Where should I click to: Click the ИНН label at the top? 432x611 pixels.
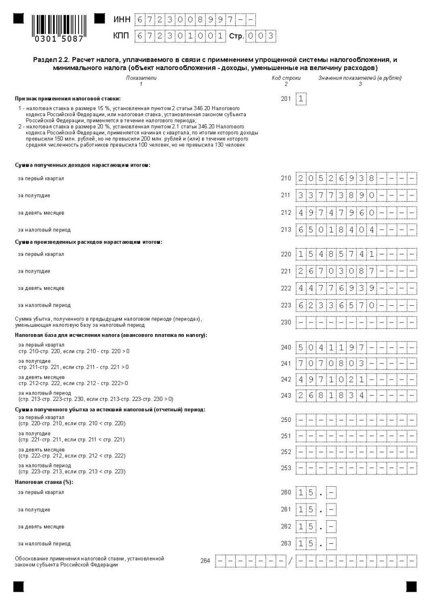click(121, 20)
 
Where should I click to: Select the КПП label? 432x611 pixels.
click(121, 36)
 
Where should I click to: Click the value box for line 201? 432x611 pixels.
click(301, 99)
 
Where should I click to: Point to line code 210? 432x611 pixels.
click(286, 179)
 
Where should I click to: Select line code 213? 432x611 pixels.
click(286, 230)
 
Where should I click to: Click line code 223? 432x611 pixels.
click(286, 305)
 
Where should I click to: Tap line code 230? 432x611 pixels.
click(286, 322)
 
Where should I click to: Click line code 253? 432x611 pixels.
click(286, 468)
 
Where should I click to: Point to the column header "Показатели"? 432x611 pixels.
click(141, 78)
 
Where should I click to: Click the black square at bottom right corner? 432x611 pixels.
click(411, 587)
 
